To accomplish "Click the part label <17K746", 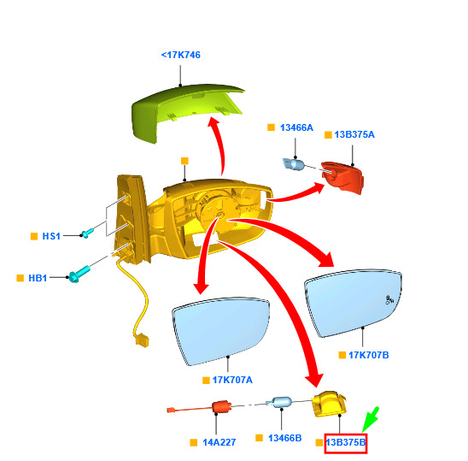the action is coord(180,55).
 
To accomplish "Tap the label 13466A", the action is coord(296,127).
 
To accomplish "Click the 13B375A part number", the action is coord(354,134).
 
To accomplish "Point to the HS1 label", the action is coord(51,236).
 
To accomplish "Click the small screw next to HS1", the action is coord(87,233).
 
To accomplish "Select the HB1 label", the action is coord(38,278).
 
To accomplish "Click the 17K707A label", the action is coord(232,380).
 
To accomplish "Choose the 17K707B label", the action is coord(369,355).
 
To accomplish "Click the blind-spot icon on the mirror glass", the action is coord(389,299).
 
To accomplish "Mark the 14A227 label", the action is coord(219,442).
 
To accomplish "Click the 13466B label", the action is coord(284,438).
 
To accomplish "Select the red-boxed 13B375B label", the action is coord(346,442).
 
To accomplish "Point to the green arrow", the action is coord(371,419).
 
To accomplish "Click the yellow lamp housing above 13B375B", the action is coord(329,404).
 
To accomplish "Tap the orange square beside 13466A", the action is coord(271,127).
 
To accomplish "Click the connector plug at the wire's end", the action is coord(142,340).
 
